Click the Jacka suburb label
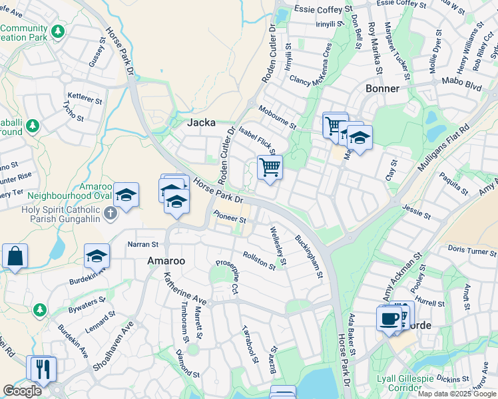201,122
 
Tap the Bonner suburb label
382,88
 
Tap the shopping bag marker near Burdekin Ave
15,256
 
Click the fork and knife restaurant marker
43,368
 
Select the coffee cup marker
389,318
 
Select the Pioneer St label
230,216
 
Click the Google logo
22,391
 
